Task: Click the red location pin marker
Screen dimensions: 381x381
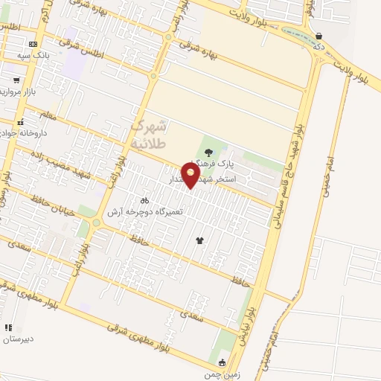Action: [192, 174]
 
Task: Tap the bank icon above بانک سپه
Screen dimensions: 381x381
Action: [33, 44]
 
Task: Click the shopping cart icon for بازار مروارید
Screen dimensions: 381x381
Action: [16, 80]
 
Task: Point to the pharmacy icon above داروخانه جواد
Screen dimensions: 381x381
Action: [21, 122]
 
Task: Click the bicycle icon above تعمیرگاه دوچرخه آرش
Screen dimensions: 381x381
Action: [144, 200]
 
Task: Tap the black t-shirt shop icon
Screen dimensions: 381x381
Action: [199, 240]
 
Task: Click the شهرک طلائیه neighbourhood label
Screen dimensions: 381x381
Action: [149, 134]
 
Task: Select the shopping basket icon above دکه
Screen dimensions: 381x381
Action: [319, 35]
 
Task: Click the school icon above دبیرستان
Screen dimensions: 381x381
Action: [8, 327]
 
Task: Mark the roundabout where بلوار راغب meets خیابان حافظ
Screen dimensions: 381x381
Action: [95, 222]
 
